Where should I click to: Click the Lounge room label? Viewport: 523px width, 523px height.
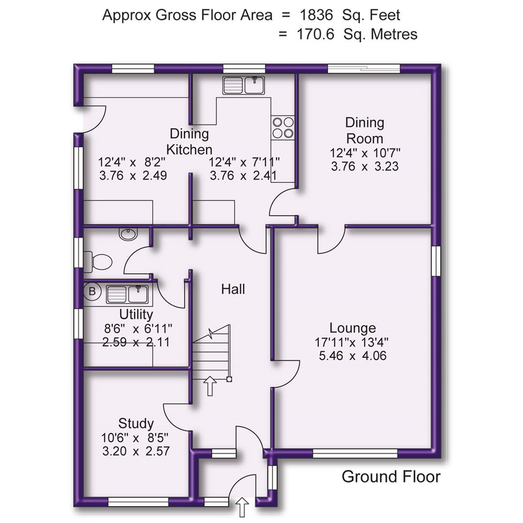pos(352,328)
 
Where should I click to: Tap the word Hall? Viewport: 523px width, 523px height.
pos(233,289)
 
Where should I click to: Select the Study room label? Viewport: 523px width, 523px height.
pos(136,424)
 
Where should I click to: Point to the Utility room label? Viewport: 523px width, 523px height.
pos(136,315)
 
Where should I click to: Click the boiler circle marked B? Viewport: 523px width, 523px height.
pos(92,292)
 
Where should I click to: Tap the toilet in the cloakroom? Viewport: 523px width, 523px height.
pos(98,262)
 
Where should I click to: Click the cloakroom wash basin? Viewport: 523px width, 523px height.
pos(128,234)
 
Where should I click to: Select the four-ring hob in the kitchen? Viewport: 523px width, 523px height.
pos(283,127)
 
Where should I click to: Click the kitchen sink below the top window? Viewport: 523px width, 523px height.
pos(243,86)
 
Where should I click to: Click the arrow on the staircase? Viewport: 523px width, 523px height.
pos(210,386)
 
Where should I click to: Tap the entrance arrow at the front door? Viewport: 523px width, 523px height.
pos(242,508)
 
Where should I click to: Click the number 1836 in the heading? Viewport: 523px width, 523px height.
pos(317,15)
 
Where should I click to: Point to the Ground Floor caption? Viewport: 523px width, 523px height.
pos(391,477)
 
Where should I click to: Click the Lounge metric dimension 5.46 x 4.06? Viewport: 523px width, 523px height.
pos(352,356)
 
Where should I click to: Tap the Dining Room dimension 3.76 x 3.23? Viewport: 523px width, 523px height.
pos(365,167)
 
